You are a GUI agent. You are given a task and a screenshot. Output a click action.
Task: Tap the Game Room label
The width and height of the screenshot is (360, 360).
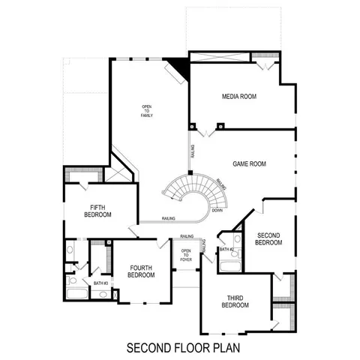pos(249,163)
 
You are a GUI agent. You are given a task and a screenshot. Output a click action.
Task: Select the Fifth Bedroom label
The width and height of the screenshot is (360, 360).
pos(100,211)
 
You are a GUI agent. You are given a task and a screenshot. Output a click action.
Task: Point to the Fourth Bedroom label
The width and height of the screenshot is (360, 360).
pos(141,271)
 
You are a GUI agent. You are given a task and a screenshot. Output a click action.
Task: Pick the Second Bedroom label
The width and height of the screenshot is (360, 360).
pos(268,238)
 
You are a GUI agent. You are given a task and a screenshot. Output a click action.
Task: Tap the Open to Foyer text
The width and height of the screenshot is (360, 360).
pos(186,256)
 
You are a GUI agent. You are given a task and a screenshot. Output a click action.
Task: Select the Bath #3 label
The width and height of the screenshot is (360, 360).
pos(100,283)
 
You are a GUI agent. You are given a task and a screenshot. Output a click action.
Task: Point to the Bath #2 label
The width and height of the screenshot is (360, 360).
pos(226,248)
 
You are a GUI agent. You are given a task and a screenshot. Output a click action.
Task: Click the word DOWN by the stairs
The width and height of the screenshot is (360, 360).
pos(217,210)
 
